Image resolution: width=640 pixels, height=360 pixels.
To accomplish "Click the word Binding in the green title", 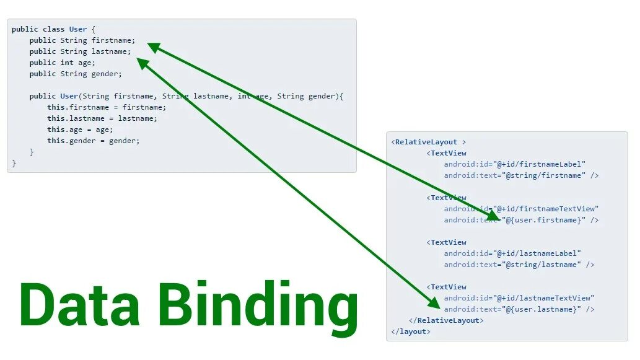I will click(x=257, y=306).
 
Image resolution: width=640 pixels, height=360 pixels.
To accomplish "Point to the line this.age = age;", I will click(x=80, y=130).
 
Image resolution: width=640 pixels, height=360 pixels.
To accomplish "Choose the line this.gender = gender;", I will click(x=94, y=141).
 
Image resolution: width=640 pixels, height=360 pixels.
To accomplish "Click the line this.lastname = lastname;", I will click(x=102, y=118).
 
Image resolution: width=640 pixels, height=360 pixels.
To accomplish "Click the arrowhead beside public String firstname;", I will click(x=153, y=47).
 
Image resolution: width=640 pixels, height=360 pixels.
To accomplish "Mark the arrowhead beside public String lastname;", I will click(x=142, y=63).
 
